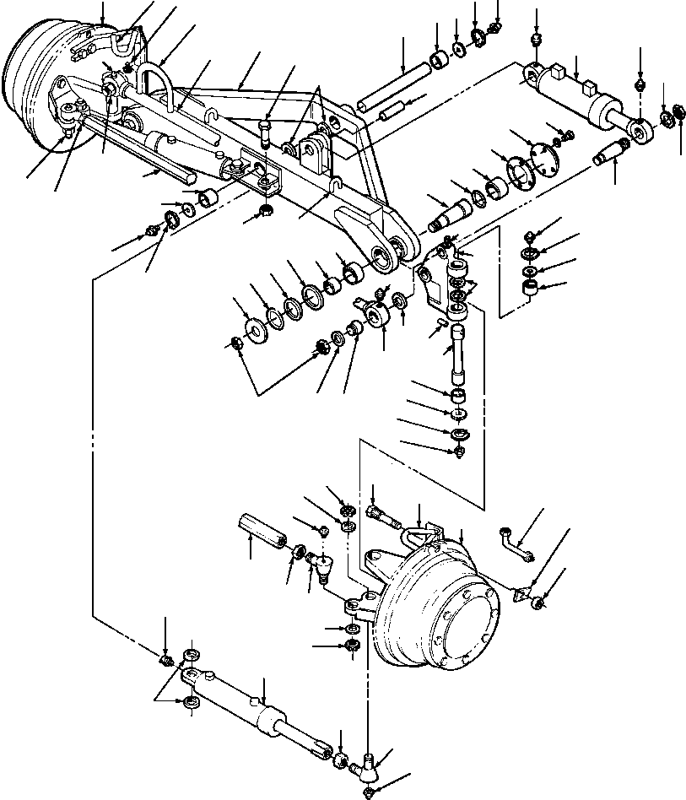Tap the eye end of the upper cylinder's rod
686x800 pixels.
pyautogui.click(x=639, y=128)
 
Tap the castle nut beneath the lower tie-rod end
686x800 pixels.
pyautogui.click(x=370, y=791)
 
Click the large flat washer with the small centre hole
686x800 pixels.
pyautogui.click(x=252, y=329)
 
